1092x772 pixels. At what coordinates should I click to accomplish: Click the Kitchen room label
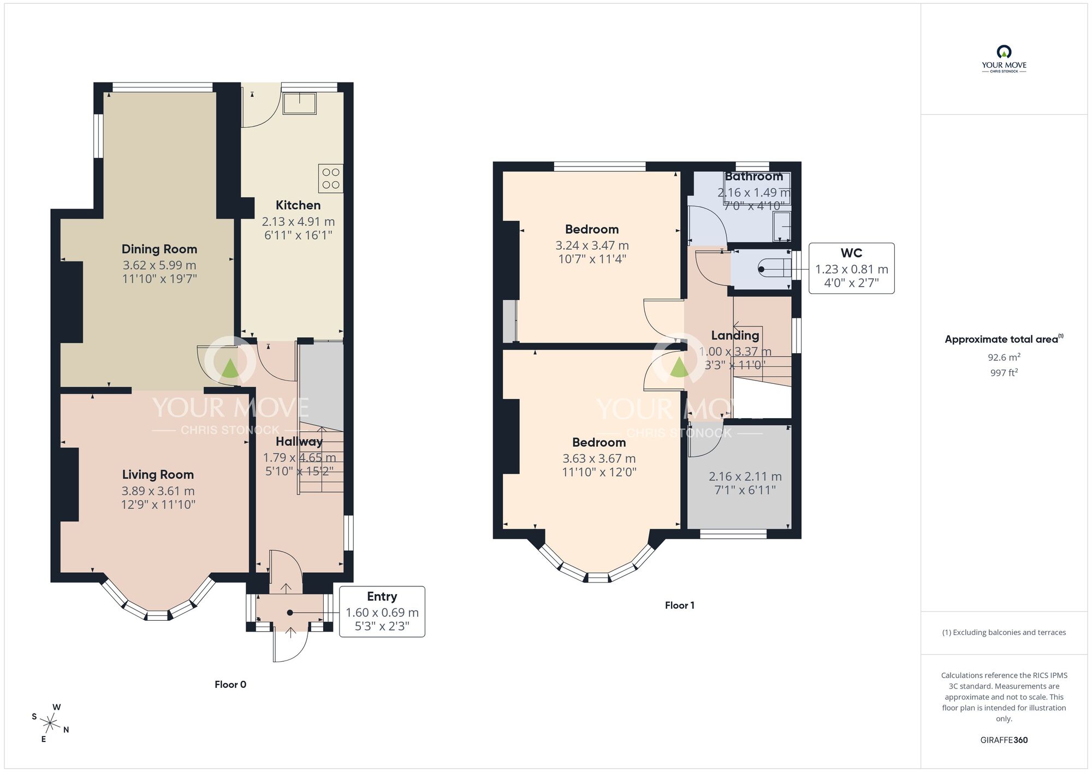point(298,205)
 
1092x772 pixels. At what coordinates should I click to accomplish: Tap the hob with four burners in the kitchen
point(331,179)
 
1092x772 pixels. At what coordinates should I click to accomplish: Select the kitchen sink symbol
point(299,103)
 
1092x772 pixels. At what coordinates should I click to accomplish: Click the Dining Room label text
point(159,250)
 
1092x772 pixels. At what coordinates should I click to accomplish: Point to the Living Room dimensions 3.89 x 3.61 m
point(158,491)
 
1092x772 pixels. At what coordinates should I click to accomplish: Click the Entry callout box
point(382,611)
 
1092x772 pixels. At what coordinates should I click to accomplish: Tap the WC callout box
point(851,268)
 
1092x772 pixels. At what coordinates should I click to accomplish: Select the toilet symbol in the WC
point(775,269)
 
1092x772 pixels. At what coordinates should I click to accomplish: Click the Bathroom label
point(753,176)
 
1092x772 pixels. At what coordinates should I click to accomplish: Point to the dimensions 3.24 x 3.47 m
point(592,246)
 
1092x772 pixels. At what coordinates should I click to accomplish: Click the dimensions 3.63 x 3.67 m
point(599,459)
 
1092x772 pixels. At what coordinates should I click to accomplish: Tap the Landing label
point(734,335)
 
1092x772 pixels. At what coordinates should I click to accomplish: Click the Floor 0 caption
point(230,685)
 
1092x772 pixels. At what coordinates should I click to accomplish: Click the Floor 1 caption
point(679,605)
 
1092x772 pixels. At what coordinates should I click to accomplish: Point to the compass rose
point(50,724)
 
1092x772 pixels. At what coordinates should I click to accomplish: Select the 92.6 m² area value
point(1004,358)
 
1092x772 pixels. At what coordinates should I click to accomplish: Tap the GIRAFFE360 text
point(1004,740)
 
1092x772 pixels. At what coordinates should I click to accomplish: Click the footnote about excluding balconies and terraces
point(1004,632)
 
